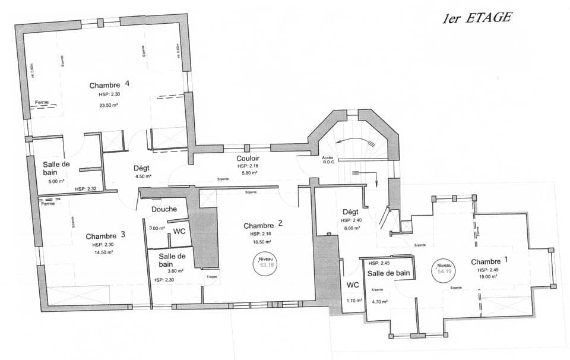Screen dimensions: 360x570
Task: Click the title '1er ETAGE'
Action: [x=476, y=17]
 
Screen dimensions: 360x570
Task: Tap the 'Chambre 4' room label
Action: [x=109, y=84]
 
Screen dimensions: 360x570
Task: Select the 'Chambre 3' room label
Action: [x=105, y=235]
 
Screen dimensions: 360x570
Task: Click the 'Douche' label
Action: [x=164, y=209]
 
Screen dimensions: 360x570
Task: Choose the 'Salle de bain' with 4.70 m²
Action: [x=388, y=273]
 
